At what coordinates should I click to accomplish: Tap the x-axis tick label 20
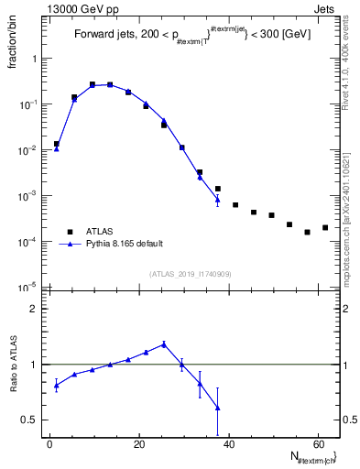coord(138,445)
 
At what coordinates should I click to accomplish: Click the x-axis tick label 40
coord(228,445)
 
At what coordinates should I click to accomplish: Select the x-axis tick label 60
coord(317,445)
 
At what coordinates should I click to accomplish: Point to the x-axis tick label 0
coord(49,445)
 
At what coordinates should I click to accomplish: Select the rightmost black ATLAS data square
coord(325,227)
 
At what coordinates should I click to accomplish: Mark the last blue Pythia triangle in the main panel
coord(217,199)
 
